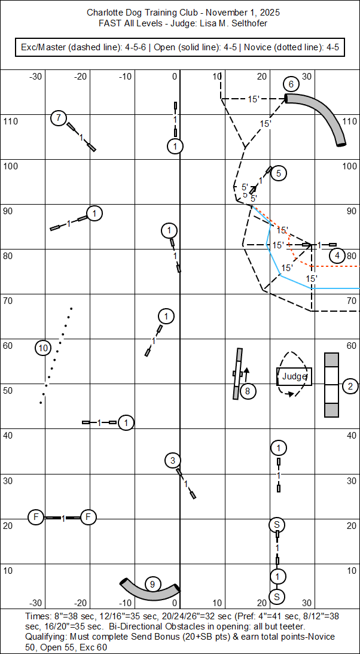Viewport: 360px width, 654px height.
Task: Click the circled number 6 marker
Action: click(x=291, y=84)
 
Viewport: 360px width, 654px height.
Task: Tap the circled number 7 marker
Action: click(x=58, y=118)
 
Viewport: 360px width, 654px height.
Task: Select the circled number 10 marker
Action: click(x=42, y=348)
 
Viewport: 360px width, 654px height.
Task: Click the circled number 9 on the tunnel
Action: click(x=152, y=584)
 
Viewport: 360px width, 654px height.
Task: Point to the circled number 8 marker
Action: click(x=248, y=391)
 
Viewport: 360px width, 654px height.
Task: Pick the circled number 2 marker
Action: click(x=350, y=386)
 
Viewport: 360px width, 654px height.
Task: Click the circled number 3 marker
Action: click(x=172, y=460)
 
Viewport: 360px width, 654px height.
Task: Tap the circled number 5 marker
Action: click(x=279, y=174)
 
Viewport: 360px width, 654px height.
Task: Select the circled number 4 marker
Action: click(x=337, y=255)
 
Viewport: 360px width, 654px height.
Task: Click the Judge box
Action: click(x=294, y=376)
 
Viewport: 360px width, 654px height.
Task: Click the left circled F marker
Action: click(x=36, y=516)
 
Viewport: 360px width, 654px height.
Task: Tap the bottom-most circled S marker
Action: click(x=276, y=597)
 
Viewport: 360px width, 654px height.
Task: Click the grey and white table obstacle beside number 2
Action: click(x=331, y=385)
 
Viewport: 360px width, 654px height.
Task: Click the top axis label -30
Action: click(x=36, y=76)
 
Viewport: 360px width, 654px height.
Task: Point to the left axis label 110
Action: click(x=11, y=121)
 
